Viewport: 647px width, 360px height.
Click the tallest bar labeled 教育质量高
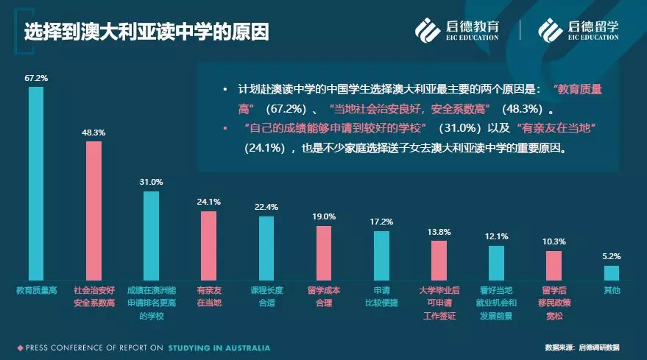pyautogui.click(x=36, y=184)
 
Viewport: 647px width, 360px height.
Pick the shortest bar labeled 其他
pyautogui.click(x=612, y=273)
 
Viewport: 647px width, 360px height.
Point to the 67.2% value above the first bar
pyautogui.click(x=36, y=77)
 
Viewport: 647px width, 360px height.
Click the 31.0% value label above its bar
pyautogui.click(x=151, y=182)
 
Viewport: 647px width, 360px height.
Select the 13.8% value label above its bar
pyautogui.click(x=439, y=232)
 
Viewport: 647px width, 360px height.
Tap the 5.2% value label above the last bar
pyautogui.click(x=612, y=256)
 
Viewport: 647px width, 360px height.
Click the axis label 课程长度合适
pyautogui.click(x=266, y=295)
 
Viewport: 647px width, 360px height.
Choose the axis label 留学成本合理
pyautogui.click(x=324, y=295)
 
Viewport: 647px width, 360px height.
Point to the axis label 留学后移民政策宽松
pyautogui.click(x=554, y=303)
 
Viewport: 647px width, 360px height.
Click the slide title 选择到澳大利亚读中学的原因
pyautogui.click(x=146, y=32)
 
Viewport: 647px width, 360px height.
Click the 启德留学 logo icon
pyautogui.click(x=549, y=29)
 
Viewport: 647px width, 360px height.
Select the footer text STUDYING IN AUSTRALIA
pyautogui.click(x=219, y=347)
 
